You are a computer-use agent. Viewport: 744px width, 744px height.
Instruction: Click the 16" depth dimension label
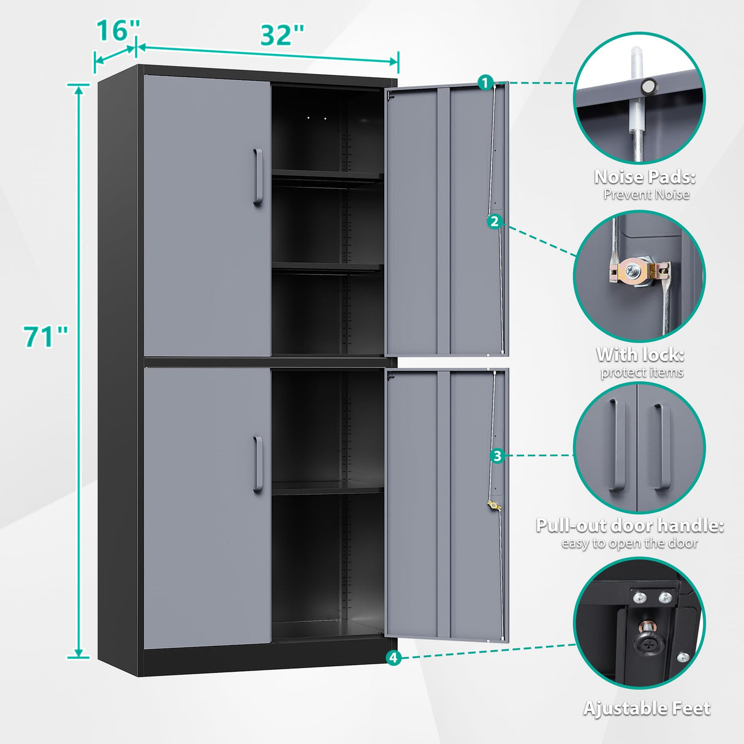point(118,30)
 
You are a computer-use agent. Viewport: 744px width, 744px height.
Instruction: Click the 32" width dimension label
point(282,36)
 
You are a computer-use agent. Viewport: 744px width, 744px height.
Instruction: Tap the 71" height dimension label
point(46,337)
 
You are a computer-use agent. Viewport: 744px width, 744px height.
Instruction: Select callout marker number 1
point(485,82)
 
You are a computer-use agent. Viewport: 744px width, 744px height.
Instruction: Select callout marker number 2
point(495,222)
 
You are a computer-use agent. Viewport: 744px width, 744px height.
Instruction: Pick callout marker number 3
point(497,455)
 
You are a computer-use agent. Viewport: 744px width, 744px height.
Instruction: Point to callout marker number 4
point(393,658)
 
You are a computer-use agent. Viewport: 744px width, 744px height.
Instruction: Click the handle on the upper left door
point(258,177)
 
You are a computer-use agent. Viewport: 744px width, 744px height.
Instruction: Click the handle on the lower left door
point(258,464)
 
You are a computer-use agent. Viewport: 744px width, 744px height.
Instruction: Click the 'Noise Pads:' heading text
point(645,178)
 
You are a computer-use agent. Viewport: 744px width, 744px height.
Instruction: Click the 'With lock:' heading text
point(640,355)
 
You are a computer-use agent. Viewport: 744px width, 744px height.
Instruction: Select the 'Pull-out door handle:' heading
point(630,526)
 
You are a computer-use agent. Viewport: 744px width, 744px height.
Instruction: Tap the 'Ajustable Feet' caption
point(647,708)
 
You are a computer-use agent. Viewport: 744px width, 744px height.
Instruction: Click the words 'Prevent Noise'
point(646,195)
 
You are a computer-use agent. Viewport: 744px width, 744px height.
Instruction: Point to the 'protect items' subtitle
point(641,373)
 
